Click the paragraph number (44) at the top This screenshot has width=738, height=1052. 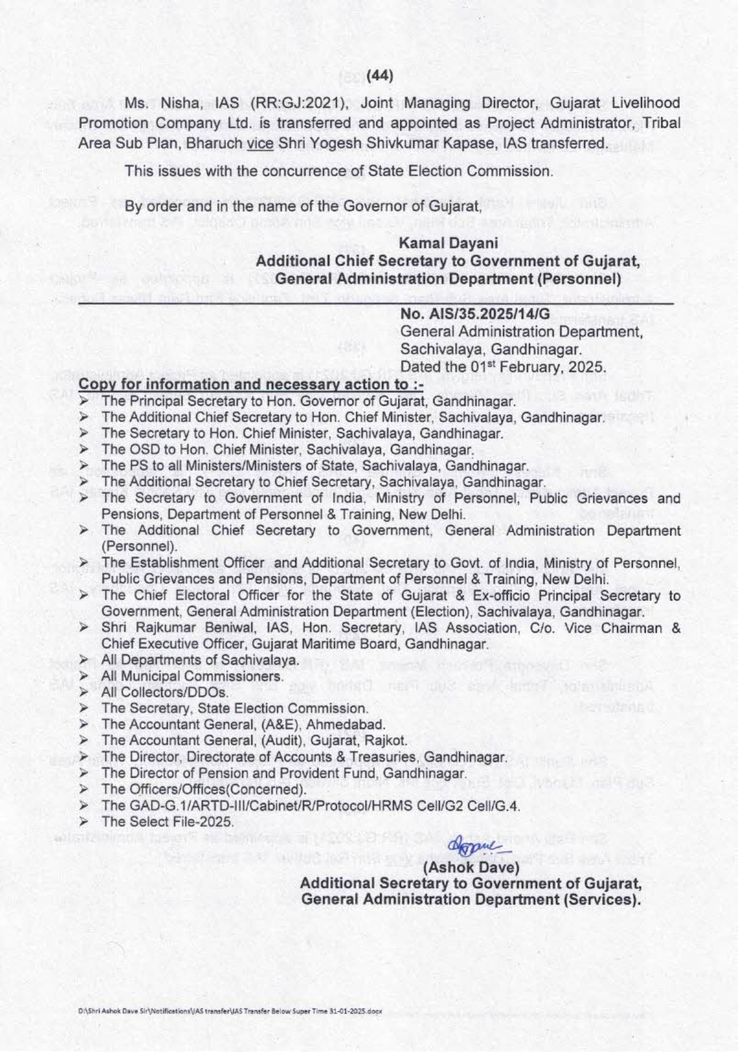click(x=380, y=76)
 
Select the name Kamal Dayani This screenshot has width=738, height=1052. click(x=448, y=243)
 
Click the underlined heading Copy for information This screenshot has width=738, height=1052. click(x=252, y=384)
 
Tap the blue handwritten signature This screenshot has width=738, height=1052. click(x=472, y=848)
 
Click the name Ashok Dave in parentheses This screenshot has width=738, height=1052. click(x=472, y=867)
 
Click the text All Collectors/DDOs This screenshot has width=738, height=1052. click(x=165, y=692)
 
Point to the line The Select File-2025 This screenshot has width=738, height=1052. click(x=167, y=821)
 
